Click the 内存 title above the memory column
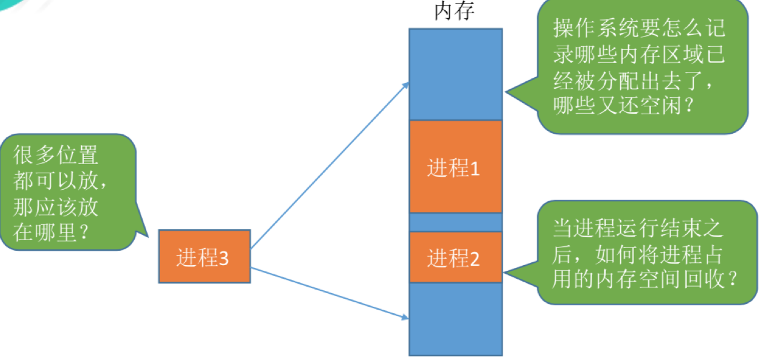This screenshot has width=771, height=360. click(455, 11)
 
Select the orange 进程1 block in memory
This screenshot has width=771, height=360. click(455, 167)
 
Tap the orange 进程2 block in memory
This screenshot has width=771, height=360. click(455, 258)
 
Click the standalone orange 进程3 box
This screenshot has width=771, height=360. click(204, 257)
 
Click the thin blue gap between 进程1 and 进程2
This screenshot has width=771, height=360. click(455, 222)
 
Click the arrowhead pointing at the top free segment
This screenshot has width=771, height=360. click(407, 84)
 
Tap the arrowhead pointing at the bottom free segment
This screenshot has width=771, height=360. click(405, 315)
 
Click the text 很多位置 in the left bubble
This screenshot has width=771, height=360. click(56, 155)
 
